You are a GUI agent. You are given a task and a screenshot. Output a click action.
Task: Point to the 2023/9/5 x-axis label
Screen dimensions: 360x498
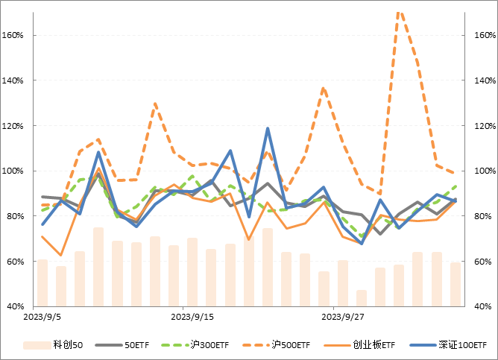coord(42,316)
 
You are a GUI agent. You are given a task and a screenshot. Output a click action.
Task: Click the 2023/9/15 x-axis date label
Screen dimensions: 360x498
coord(192,316)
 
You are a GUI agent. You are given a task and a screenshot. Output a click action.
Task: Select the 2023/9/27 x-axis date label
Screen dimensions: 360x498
coord(342,316)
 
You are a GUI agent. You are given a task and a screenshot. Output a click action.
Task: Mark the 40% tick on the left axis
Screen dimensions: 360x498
coord(18,307)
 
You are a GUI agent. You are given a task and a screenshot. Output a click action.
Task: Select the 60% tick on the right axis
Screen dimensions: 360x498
coord(481,262)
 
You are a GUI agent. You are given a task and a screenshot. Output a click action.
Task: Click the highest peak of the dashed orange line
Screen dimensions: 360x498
coord(399,10)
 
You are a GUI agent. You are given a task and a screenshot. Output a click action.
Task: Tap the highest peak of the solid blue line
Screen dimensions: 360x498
coord(268,129)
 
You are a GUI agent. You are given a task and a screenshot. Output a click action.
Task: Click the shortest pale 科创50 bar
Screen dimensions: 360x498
coord(362,298)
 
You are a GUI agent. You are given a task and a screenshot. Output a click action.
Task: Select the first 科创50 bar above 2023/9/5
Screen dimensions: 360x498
coord(42,283)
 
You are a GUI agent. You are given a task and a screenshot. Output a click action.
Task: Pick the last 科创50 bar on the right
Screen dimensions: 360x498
coord(456,285)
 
